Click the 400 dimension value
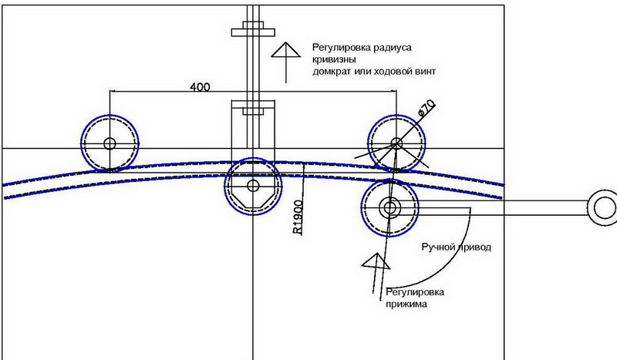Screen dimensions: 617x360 click(x=200, y=86)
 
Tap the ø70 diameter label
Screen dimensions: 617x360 click(x=427, y=108)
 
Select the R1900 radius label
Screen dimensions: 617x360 click(x=298, y=217)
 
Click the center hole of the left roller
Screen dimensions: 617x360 click(x=110, y=143)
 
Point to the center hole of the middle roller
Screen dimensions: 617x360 click(x=253, y=186)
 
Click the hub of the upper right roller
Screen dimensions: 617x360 click(x=396, y=143)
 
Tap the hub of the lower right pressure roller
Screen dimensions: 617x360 click(x=389, y=207)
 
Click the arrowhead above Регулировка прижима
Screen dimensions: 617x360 click(x=376, y=261)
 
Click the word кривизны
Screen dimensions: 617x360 click(x=334, y=60)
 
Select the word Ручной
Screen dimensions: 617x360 click(x=437, y=247)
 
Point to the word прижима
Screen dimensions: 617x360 click(x=406, y=304)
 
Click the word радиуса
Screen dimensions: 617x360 click(x=393, y=48)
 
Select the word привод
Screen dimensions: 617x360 click(x=474, y=247)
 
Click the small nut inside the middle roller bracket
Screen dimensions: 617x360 click(x=253, y=110)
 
